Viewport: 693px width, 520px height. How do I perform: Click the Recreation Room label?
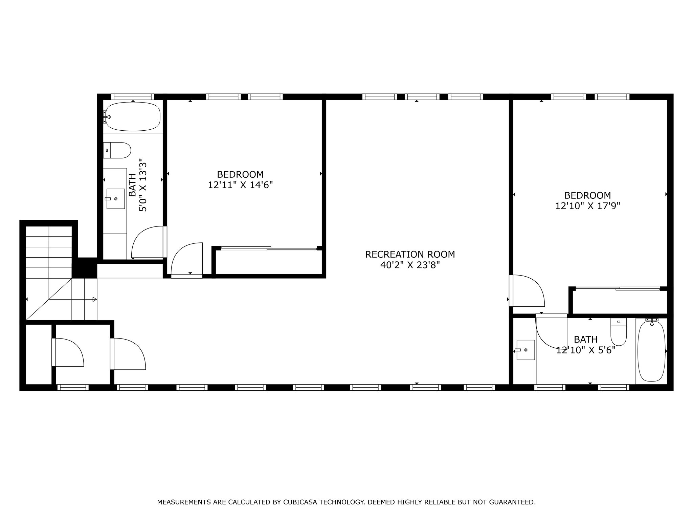410,254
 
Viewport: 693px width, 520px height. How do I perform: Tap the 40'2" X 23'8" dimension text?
410,265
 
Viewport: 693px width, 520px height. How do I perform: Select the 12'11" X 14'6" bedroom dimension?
240,185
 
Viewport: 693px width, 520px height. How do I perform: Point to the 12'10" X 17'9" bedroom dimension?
587,206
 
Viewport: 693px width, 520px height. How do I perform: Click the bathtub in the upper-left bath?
133,116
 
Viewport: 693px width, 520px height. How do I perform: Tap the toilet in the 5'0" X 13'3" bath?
117,150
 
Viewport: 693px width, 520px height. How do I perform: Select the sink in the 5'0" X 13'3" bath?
115,199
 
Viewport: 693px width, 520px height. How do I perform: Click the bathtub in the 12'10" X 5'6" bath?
651,351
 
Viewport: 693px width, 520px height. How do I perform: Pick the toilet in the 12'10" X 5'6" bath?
619,332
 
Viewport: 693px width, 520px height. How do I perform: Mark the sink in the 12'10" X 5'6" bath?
525,350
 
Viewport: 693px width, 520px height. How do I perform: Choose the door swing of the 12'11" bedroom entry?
187,260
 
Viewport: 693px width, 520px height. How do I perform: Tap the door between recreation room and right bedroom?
527,290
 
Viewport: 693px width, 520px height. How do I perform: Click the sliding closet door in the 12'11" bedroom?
269,248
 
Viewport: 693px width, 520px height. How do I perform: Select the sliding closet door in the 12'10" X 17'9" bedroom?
618,288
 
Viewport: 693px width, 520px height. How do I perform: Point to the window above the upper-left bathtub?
133,96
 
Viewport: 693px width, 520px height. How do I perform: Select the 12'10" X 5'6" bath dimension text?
586,350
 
